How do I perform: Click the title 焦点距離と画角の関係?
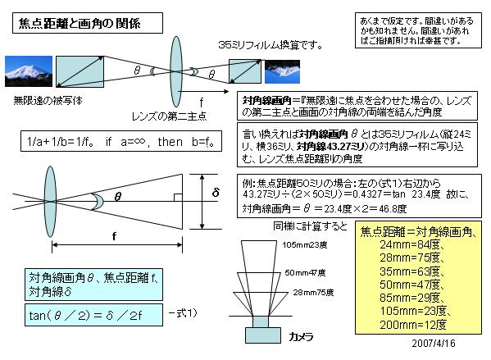[80, 23]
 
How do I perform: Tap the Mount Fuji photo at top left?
[29, 71]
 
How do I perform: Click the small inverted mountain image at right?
[283, 71]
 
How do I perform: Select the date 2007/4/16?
[434, 343]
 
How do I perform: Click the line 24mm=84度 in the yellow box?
[411, 244]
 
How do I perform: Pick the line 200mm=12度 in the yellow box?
[413, 325]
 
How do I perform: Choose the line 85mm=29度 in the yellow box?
[411, 298]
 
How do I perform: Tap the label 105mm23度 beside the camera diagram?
[304, 244]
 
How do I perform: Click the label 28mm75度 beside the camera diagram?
[313, 292]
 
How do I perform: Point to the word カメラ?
[301, 337]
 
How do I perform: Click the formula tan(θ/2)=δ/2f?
[85, 315]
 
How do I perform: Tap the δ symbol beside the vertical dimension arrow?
[216, 192]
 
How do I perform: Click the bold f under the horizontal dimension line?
[114, 236]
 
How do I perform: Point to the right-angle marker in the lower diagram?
[178, 198]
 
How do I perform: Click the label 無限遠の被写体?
[48, 101]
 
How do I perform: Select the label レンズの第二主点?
[169, 116]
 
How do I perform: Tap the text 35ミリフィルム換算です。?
[271, 45]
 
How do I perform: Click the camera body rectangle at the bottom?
[263, 335]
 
